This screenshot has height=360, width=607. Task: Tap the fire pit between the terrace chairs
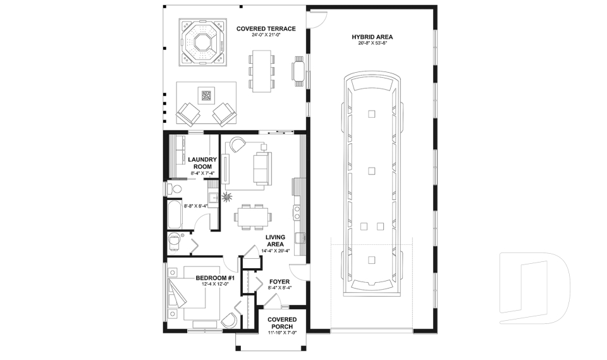[206, 96]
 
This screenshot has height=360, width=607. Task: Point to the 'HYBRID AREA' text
[372, 37]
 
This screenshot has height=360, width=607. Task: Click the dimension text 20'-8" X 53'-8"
[372, 44]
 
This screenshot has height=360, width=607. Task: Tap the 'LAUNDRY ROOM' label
[203, 163]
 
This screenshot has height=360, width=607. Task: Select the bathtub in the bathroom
[175, 214]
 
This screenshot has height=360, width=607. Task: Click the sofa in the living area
[261, 166]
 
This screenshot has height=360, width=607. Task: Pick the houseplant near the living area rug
[226, 196]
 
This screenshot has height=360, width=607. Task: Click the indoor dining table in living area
[253, 216]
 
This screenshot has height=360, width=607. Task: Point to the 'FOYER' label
[279, 282]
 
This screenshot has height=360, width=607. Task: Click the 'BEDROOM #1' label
[215, 278]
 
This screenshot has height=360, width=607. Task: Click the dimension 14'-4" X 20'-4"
[276, 251]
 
